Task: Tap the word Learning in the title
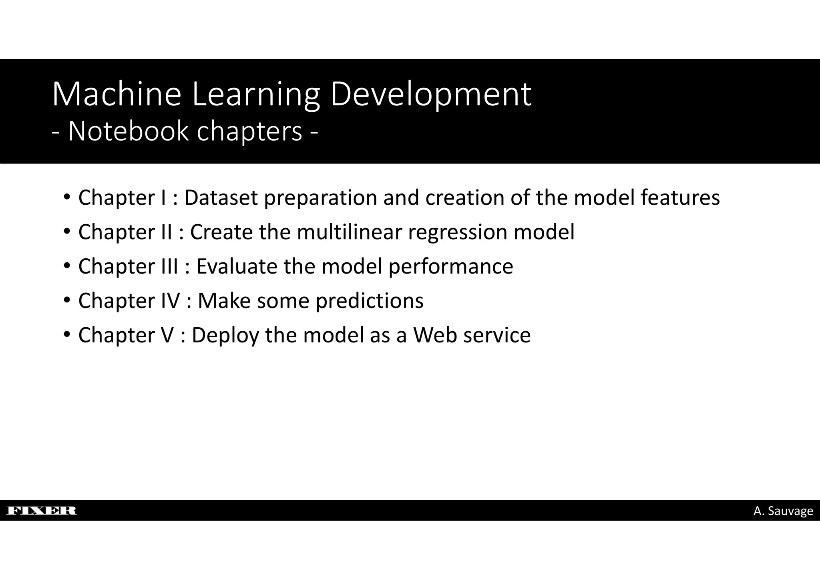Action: click(256, 95)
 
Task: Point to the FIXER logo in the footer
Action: click(42, 510)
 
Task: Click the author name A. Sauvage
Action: click(783, 511)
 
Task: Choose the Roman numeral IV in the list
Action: click(171, 301)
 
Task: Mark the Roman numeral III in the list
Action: click(169, 266)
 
